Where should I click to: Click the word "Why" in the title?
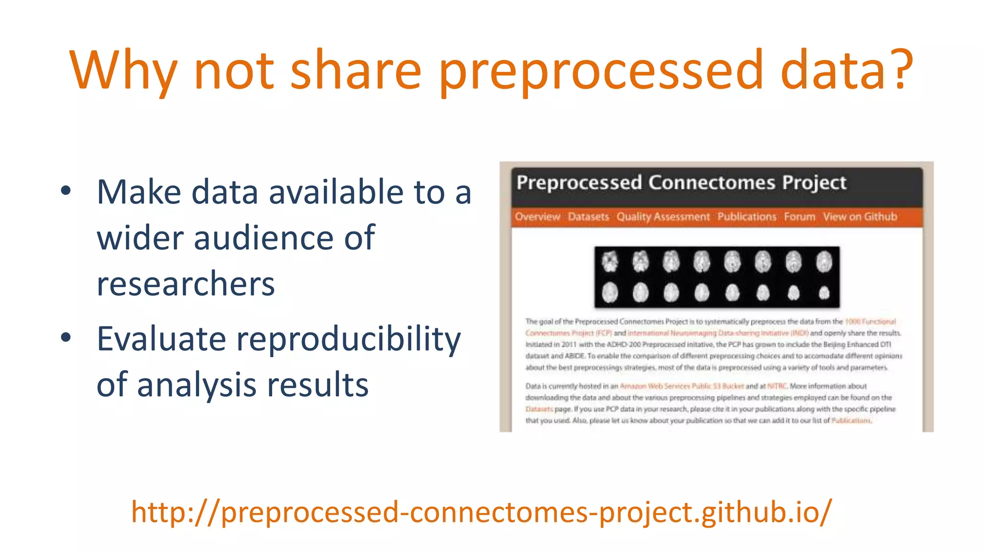(124, 71)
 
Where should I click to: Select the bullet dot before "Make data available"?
(66, 191)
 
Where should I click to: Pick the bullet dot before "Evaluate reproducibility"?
(66, 338)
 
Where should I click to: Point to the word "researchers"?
(186, 284)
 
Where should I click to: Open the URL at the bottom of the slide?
(481, 512)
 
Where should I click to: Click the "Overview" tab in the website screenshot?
(537, 217)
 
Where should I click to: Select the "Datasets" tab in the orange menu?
(588, 217)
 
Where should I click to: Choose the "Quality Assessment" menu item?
(663, 217)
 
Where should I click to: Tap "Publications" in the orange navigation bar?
(747, 217)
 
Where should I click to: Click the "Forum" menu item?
(799, 217)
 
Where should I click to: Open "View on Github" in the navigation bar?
(860, 217)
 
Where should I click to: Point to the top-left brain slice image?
(610, 262)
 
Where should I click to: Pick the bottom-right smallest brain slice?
(824, 292)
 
